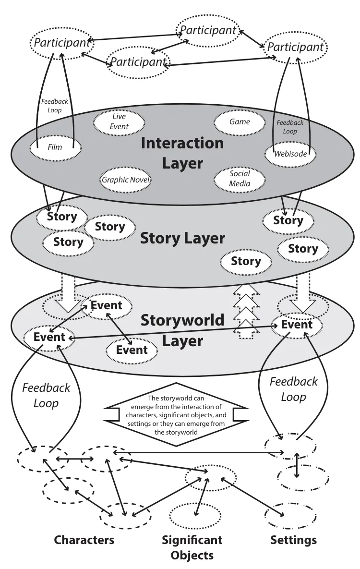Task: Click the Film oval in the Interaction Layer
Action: (x=55, y=147)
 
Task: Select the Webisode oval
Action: (x=290, y=154)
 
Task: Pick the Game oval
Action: (x=240, y=122)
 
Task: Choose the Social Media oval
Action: (x=240, y=179)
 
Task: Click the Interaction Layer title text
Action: (x=182, y=153)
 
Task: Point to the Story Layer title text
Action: (x=182, y=238)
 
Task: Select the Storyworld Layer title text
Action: (x=182, y=330)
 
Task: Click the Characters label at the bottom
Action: (x=84, y=540)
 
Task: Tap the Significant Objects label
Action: (x=192, y=547)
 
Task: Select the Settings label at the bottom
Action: (x=293, y=540)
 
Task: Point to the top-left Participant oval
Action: (x=62, y=43)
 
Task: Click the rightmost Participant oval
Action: (x=295, y=47)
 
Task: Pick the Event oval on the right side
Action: (x=297, y=325)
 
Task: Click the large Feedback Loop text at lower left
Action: (x=46, y=395)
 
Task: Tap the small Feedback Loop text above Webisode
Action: (x=290, y=127)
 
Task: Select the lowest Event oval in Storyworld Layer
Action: (x=132, y=350)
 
